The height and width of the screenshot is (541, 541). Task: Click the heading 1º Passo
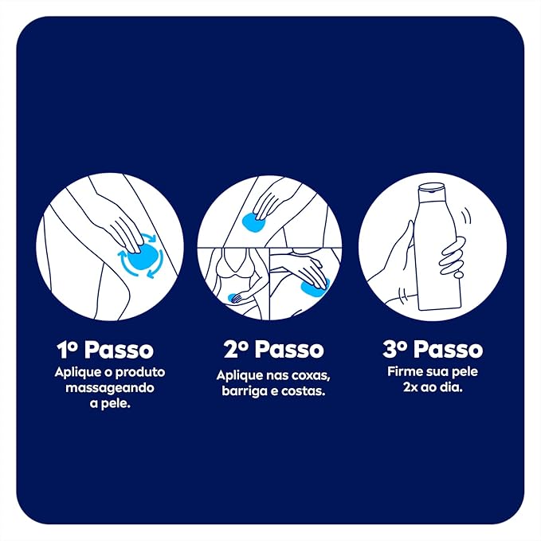104,350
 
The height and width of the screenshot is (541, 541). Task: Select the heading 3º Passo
433,350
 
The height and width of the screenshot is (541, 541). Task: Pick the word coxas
304,374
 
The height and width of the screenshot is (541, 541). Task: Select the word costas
307,391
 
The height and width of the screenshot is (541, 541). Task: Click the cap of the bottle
432,188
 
